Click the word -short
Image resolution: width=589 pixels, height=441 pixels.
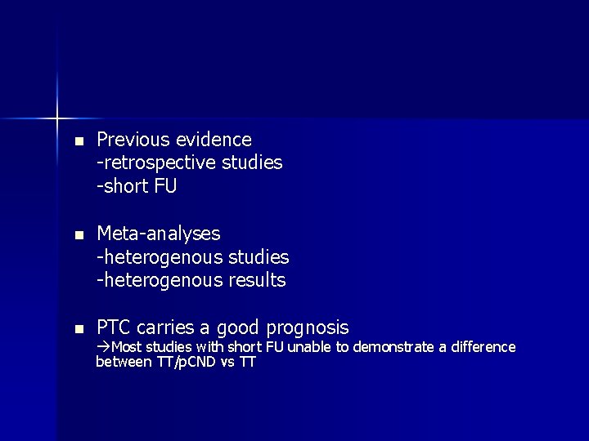pos(122,186)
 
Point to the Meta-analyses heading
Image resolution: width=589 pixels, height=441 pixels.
pos(159,234)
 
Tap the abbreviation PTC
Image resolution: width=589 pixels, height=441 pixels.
pos(115,328)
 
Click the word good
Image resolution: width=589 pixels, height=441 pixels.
pos(236,328)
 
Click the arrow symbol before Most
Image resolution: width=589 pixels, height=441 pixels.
pos(102,347)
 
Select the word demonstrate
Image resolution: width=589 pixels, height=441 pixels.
pos(394,347)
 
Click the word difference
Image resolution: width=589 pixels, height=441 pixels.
pos(483,347)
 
